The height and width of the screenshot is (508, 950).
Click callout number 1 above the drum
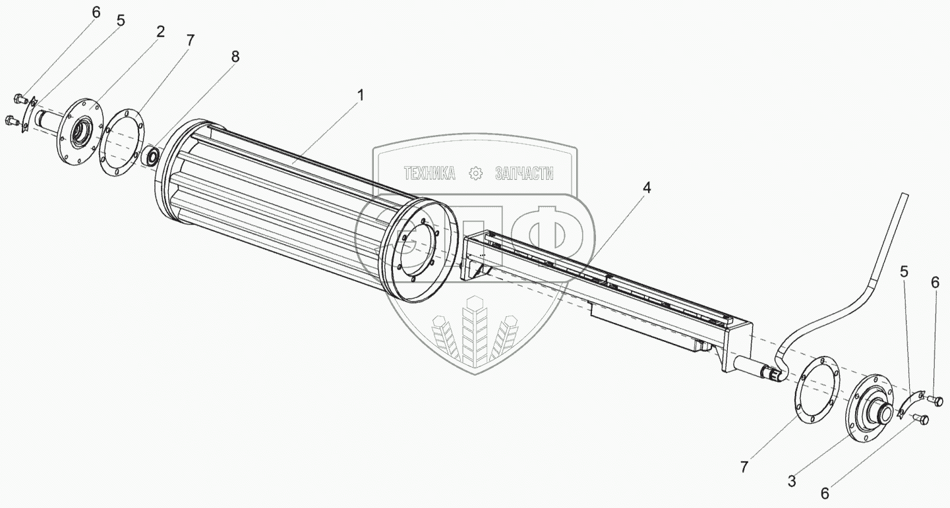[361, 96]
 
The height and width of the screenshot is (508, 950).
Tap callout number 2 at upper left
[160, 32]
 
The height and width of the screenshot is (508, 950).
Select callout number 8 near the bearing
[235, 57]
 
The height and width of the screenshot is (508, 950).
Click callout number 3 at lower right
[792, 481]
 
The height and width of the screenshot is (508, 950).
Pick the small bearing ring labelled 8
[152, 156]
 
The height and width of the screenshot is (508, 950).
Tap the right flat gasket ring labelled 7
[816, 389]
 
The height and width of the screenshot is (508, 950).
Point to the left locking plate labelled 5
[29, 115]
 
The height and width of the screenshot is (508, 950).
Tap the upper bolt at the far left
[20, 99]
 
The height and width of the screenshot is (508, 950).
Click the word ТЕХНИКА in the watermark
[429, 173]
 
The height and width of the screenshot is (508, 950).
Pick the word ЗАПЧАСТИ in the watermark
[524, 173]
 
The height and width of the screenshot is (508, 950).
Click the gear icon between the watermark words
[475, 173]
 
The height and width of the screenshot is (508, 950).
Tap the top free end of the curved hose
[905, 195]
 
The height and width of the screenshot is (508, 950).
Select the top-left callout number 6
[96, 13]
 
